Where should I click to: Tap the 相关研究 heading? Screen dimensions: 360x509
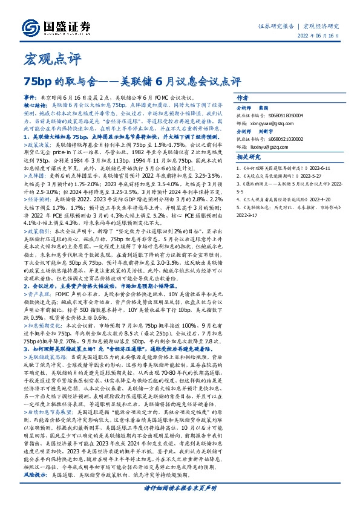(x=248, y=175)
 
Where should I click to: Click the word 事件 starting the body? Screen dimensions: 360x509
(x=30, y=97)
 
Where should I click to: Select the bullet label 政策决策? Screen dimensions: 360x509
(x=39, y=146)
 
